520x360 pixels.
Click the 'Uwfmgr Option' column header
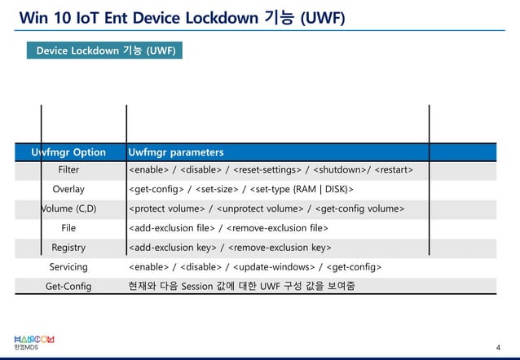(68, 152)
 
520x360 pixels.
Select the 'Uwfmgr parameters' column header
(175, 152)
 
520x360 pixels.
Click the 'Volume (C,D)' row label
(68, 209)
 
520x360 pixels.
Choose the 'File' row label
(68, 228)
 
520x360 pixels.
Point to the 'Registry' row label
(68, 247)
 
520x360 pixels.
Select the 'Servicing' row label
(68, 266)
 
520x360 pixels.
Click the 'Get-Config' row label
(68, 286)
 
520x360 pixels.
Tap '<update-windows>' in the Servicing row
(276, 266)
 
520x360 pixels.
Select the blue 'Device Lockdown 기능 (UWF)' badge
(104, 51)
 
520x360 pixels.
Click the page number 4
(497, 349)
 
